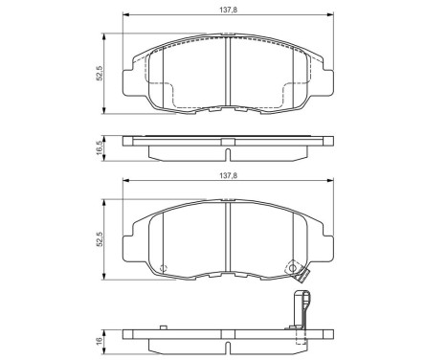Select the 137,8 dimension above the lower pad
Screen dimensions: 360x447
click(226, 176)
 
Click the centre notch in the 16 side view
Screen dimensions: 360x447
click(226, 339)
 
